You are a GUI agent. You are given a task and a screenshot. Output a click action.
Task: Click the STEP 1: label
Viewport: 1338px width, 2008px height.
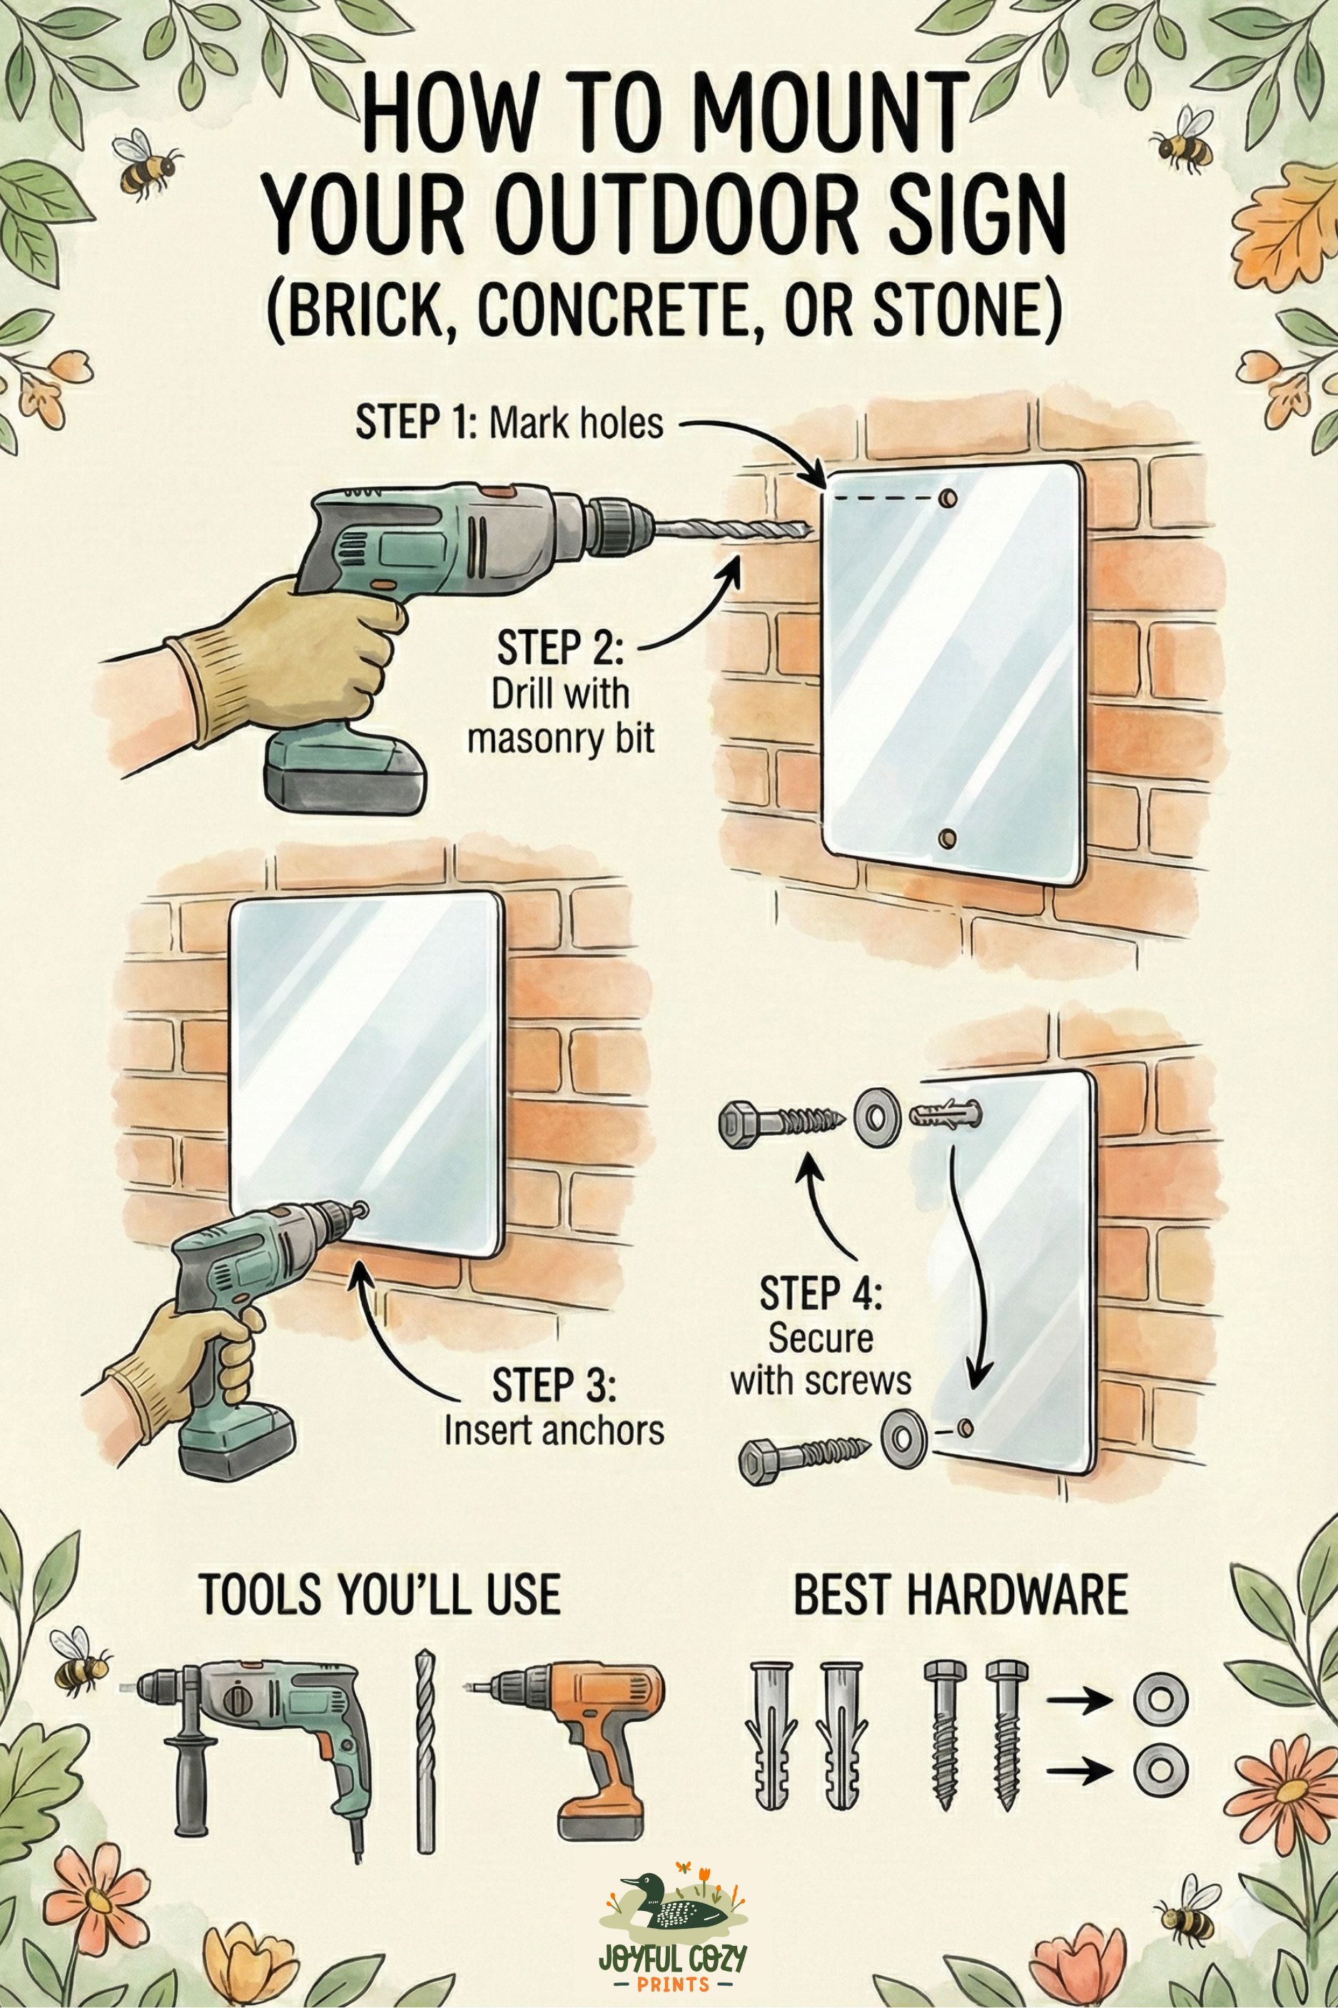point(417,423)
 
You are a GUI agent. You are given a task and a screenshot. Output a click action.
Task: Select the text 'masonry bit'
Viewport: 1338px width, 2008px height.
point(561,737)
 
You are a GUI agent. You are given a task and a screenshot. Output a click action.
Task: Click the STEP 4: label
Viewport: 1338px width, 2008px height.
point(821,1293)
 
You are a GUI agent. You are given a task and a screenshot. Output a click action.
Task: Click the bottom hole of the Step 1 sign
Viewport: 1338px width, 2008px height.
point(946,837)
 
